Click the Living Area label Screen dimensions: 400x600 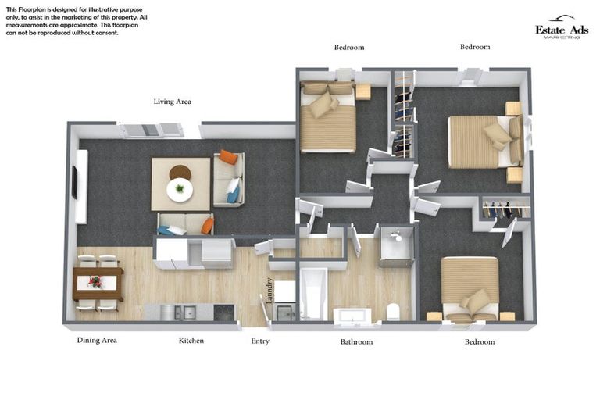[172, 102]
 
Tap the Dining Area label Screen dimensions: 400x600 [97, 341]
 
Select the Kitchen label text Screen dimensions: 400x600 [191, 341]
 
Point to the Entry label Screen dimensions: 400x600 [260, 341]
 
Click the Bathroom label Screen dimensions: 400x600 [356, 341]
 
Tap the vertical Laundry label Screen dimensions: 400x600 [270, 291]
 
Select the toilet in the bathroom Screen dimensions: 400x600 [392, 312]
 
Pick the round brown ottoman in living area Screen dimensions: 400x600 [180, 173]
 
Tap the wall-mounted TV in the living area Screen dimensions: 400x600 [75, 183]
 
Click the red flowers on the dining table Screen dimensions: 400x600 [95, 281]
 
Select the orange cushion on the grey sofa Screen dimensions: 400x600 [228, 156]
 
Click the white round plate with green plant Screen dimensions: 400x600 [180, 189]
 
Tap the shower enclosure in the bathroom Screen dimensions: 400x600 [395, 248]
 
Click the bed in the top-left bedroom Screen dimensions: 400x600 [328, 116]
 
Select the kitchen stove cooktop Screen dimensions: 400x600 [223, 312]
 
